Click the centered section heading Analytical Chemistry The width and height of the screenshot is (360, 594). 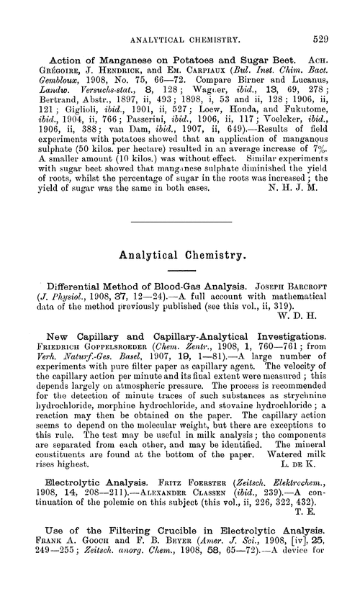click(x=181, y=253)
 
